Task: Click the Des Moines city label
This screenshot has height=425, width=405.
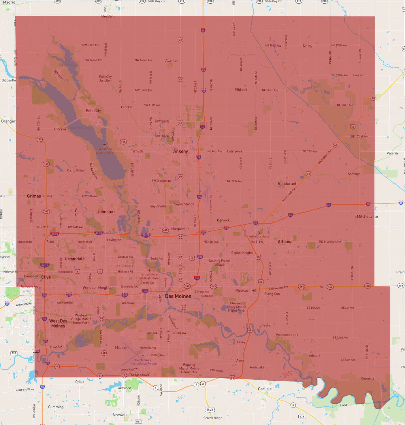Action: click(x=178, y=296)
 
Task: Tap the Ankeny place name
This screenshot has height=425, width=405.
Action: click(x=180, y=151)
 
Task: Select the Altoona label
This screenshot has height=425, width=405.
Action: click(x=285, y=242)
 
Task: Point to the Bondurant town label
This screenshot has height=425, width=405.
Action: click(x=287, y=184)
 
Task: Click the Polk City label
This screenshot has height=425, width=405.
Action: click(x=93, y=111)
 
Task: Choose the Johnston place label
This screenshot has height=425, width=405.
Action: click(x=106, y=212)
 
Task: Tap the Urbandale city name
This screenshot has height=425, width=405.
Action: click(x=75, y=259)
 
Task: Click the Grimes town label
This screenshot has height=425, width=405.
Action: click(x=34, y=196)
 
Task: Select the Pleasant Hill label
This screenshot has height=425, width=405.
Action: click(x=246, y=291)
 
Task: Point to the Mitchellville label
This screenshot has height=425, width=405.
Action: click(x=367, y=217)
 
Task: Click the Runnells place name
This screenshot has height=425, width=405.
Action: click(x=367, y=378)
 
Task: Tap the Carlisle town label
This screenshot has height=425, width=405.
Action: click(x=265, y=389)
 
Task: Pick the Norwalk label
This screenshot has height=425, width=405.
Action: click(x=120, y=415)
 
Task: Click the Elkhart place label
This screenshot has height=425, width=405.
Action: click(x=241, y=90)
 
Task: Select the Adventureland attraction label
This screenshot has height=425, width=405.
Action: click(x=259, y=236)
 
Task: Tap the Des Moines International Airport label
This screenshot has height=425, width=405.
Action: click(x=143, y=362)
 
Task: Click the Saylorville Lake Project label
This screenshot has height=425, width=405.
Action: click(x=105, y=151)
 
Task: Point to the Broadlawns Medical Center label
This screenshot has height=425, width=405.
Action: click(x=149, y=276)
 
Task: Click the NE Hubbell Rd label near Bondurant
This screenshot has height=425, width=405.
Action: click(x=289, y=195)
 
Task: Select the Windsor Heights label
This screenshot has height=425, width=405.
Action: click(x=97, y=288)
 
